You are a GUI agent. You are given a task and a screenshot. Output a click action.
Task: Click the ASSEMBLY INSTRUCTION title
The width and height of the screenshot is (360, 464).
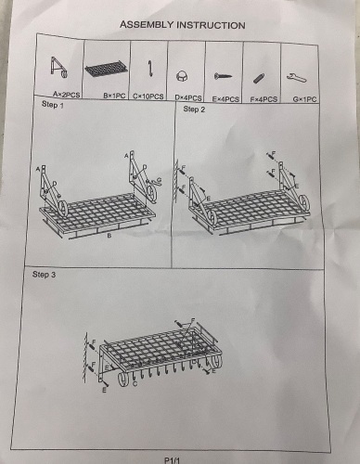(183, 25)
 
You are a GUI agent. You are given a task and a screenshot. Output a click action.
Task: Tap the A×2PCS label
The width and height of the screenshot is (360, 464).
(66, 95)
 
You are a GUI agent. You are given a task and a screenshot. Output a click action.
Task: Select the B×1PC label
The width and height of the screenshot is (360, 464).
(114, 96)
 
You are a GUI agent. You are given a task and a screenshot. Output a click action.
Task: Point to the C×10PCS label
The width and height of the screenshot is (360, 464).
(148, 97)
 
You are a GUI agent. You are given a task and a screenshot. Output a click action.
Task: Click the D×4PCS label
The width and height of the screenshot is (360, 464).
(188, 97)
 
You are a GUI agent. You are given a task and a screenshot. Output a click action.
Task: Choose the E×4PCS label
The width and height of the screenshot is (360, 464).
(225, 99)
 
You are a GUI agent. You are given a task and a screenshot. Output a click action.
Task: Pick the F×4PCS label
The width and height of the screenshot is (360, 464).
(264, 99)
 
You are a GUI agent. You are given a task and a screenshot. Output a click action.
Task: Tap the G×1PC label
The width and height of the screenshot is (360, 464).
(304, 99)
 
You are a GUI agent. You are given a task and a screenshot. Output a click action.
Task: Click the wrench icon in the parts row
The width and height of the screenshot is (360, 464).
(297, 78)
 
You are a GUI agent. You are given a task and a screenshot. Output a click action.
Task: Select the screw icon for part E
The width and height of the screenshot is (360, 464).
(223, 75)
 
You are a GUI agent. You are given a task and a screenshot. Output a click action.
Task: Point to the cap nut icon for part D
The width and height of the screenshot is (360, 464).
(181, 76)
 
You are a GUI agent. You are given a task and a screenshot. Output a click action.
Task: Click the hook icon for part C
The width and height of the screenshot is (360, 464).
(150, 69)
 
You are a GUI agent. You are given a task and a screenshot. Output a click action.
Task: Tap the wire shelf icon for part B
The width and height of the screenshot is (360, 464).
(106, 70)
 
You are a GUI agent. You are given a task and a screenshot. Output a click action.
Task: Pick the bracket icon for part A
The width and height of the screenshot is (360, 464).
(58, 68)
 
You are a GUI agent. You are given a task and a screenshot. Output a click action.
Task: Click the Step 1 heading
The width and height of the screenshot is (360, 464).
(53, 105)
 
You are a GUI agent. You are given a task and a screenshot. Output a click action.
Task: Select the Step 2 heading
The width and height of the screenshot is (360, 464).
(194, 110)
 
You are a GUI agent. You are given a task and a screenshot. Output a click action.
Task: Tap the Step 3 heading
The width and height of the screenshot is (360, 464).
(44, 275)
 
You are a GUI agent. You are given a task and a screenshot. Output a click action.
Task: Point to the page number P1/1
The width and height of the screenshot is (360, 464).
(173, 460)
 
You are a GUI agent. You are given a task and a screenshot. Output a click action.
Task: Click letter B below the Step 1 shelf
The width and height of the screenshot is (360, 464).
(109, 236)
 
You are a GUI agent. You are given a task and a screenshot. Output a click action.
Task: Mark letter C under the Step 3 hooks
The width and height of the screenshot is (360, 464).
(135, 384)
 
